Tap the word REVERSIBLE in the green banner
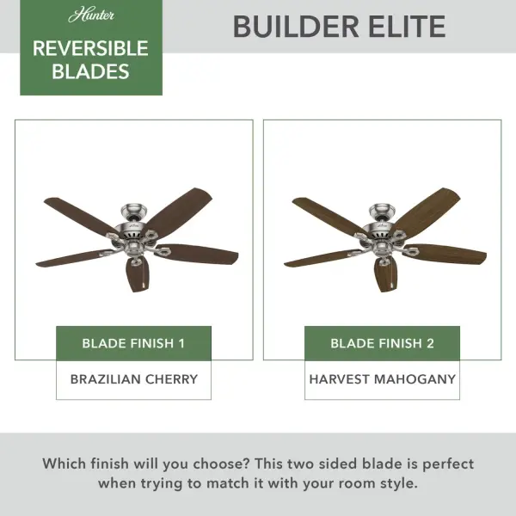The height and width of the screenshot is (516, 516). pos(90,48)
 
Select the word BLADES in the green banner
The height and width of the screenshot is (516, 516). pos(90,71)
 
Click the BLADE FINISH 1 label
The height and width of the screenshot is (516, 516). pos(133,343)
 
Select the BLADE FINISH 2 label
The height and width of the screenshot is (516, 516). pos(382,343)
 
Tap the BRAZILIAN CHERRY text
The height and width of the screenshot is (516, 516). pos(133,378)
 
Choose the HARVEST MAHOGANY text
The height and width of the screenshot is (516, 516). pos(382,378)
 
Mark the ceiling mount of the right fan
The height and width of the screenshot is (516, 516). pos(382,209)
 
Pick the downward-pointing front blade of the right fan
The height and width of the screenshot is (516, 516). pos(384,273)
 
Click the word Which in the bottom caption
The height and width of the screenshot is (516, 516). pos(65,464)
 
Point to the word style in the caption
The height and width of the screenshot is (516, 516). pos(396,483)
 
